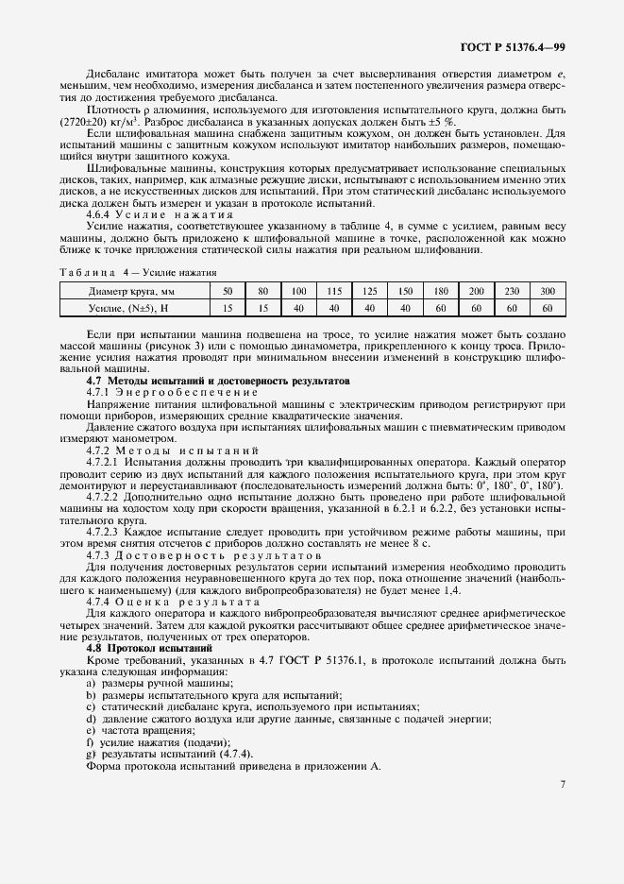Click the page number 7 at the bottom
[x=562, y=784]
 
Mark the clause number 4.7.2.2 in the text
[x=103, y=494]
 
